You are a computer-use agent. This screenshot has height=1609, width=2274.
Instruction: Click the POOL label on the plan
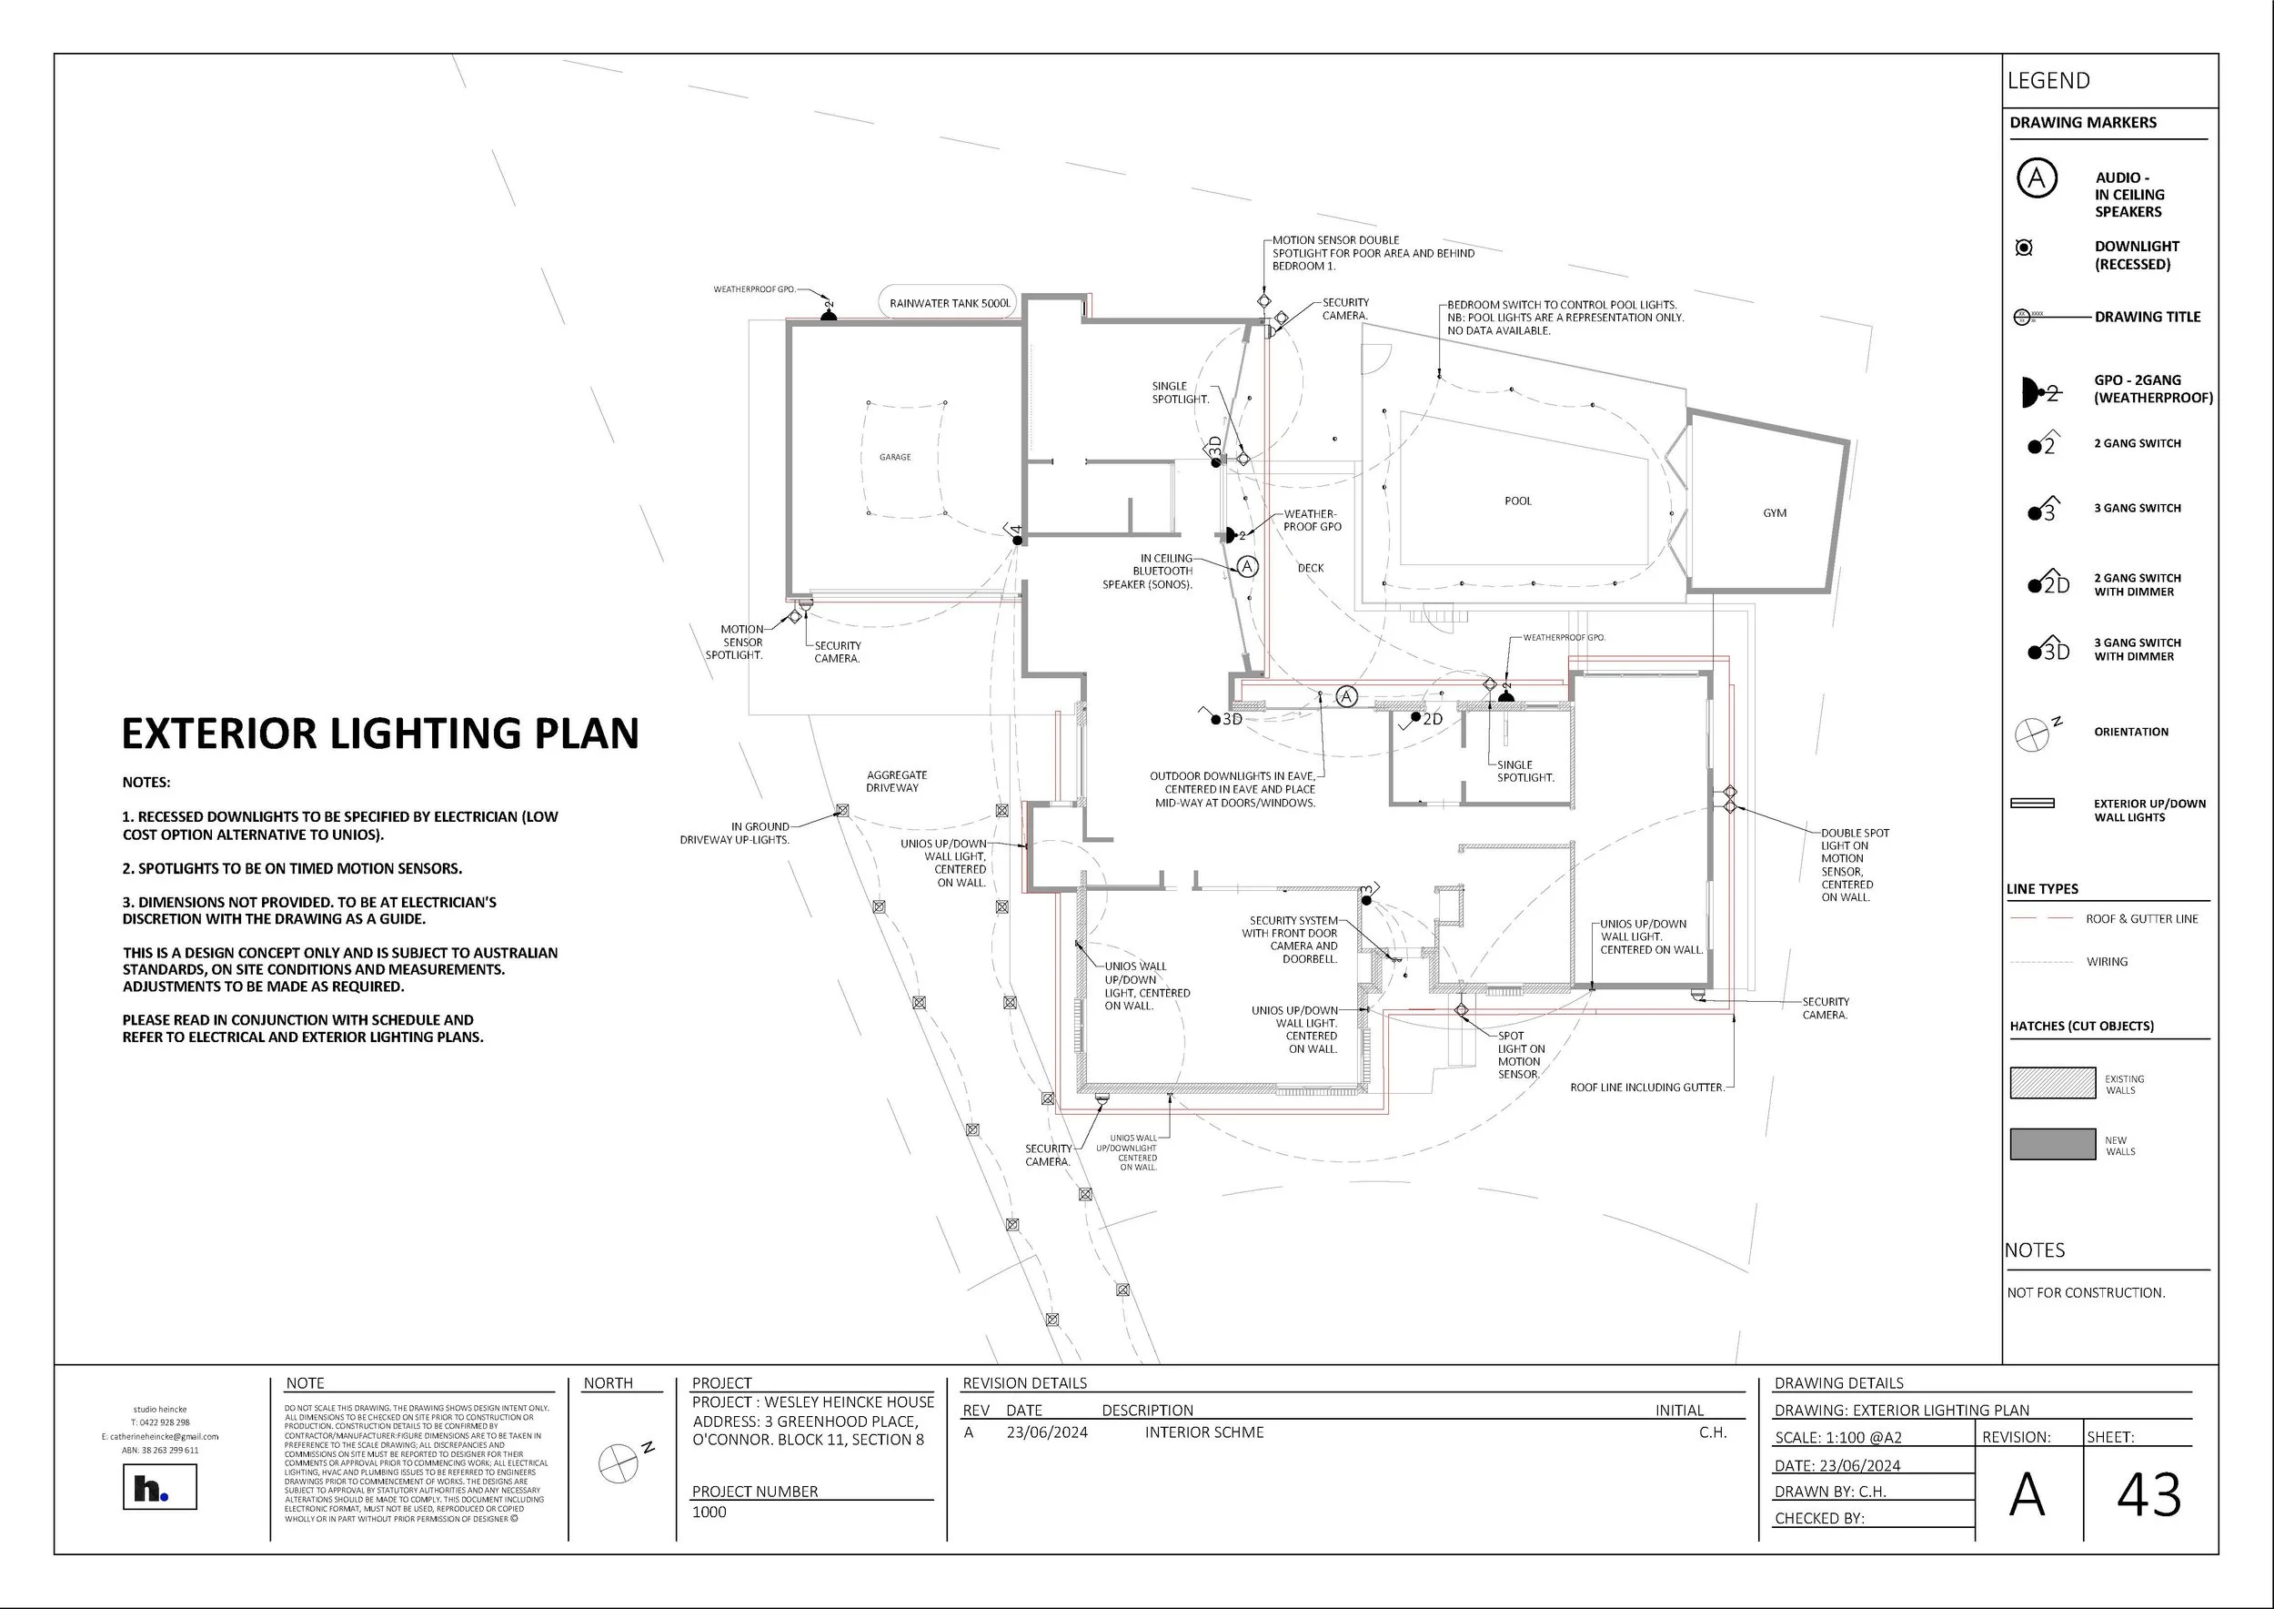[x=1517, y=501]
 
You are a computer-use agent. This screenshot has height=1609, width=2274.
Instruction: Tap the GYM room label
[x=1775, y=513]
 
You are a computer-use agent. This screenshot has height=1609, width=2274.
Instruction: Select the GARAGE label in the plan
[x=894, y=458]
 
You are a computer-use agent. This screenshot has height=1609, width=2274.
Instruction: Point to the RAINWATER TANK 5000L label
[x=950, y=303]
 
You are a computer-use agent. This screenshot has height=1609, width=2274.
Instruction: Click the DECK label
[x=1311, y=569]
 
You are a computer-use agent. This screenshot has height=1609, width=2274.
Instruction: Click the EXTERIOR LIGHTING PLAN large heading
[x=380, y=734]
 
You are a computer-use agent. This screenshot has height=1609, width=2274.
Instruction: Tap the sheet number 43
[x=2148, y=1495]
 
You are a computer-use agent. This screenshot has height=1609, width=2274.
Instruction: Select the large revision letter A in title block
[x=2027, y=1495]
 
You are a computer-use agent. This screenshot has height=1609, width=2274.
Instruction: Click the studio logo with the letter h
[x=159, y=1488]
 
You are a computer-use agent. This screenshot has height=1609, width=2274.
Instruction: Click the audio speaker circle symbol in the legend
[x=2037, y=179]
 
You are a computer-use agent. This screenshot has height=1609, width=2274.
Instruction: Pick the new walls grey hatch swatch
[x=2052, y=1143]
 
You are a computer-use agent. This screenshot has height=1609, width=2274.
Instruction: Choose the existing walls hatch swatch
[x=2052, y=1083]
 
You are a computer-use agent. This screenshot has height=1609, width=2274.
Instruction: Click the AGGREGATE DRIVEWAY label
[x=896, y=782]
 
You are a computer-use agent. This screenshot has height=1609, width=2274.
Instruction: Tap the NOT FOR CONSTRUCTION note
[x=2086, y=1293]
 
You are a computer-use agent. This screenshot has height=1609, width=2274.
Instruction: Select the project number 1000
[x=709, y=1512]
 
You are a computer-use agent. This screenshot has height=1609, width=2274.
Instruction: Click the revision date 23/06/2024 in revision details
[x=1047, y=1432]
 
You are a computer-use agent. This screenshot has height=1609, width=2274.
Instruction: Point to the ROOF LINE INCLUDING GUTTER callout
[x=1646, y=1088]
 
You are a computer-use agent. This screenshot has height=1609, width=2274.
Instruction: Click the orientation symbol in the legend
[x=2031, y=734]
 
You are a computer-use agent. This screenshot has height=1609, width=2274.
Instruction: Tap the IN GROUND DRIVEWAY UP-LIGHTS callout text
[x=735, y=834]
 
